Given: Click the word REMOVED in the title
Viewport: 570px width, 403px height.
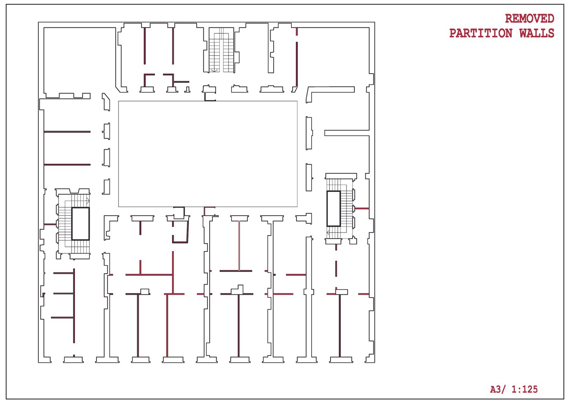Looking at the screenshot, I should [x=529, y=18].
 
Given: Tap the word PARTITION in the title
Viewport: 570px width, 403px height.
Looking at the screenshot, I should [x=481, y=33].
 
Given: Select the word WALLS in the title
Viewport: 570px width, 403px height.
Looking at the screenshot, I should [x=537, y=33].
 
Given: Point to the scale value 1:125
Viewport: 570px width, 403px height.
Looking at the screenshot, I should [x=524, y=389].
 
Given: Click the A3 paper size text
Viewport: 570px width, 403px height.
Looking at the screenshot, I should [x=496, y=389].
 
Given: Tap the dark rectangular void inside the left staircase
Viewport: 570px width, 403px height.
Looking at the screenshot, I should [x=81, y=224].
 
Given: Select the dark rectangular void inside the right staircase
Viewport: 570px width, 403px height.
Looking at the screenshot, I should [x=334, y=209].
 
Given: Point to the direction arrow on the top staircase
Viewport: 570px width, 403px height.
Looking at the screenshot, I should [x=215, y=70].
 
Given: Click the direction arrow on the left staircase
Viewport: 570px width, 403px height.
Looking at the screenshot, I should [x=87, y=200].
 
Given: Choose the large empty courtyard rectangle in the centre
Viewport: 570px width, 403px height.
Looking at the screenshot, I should [x=207, y=154].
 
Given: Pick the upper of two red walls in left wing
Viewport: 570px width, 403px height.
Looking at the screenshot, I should [x=67, y=132].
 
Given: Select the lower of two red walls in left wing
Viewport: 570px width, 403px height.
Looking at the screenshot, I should [x=67, y=164].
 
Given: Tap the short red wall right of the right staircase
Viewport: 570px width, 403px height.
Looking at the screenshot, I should [x=362, y=209].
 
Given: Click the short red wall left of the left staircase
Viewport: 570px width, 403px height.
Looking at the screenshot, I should [x=50, y=224].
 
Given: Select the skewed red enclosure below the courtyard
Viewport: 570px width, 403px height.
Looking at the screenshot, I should [x=181, y=232].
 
